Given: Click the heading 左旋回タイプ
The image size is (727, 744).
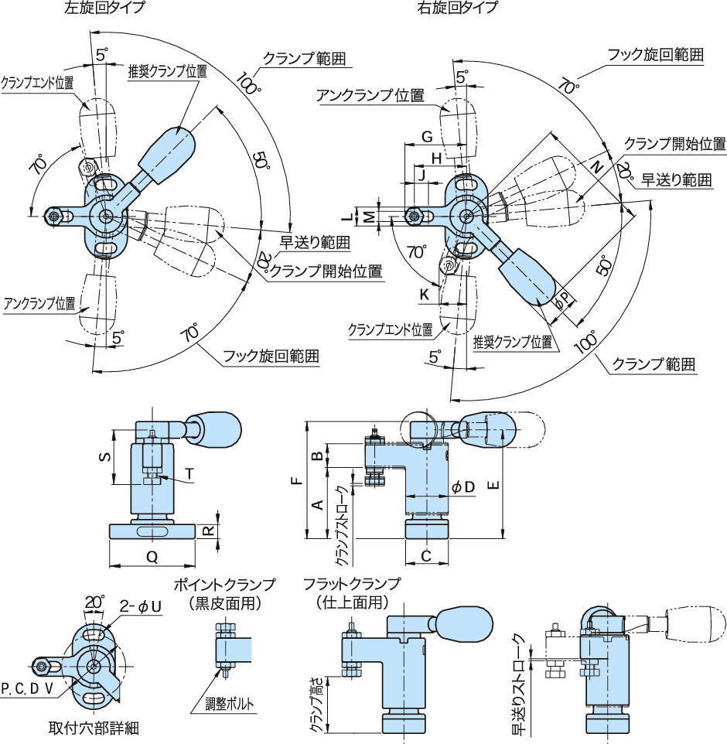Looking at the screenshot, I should (x=105, y=9).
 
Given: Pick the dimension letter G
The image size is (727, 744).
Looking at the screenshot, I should (x=426, y=137).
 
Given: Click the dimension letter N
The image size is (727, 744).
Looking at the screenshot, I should (x=596, y=166).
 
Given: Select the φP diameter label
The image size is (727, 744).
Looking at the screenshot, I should (x=565, y=299).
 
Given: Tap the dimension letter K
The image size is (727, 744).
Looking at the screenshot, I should (x=424, y=295).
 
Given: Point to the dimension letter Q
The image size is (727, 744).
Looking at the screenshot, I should (x=152, y=556).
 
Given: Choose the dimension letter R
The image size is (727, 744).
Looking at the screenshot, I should (x=207, y=531).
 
